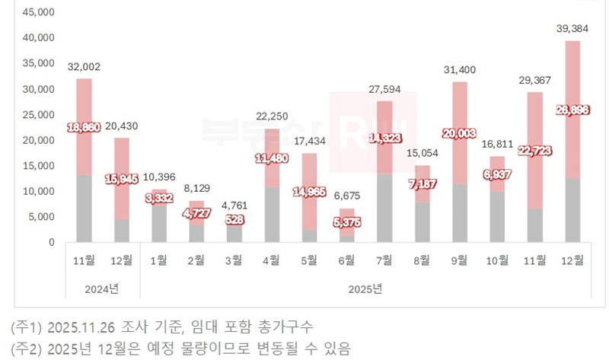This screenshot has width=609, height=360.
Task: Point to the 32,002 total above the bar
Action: (x=84, y=67)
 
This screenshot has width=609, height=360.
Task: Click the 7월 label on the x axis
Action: (x=384, y=260)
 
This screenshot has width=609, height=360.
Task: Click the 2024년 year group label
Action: (x=103, y=289)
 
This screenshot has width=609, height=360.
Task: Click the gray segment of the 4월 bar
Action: (x=271, y=215)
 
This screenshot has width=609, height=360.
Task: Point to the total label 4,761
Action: (x=233, y=206)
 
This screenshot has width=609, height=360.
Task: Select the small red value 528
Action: (x=234, y=221)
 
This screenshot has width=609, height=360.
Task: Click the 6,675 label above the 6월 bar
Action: (x=347, y=196)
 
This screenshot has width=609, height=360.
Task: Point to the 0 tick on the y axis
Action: (x=50, y=243)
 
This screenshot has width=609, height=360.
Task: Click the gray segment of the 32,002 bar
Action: (x=84, y=209)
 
